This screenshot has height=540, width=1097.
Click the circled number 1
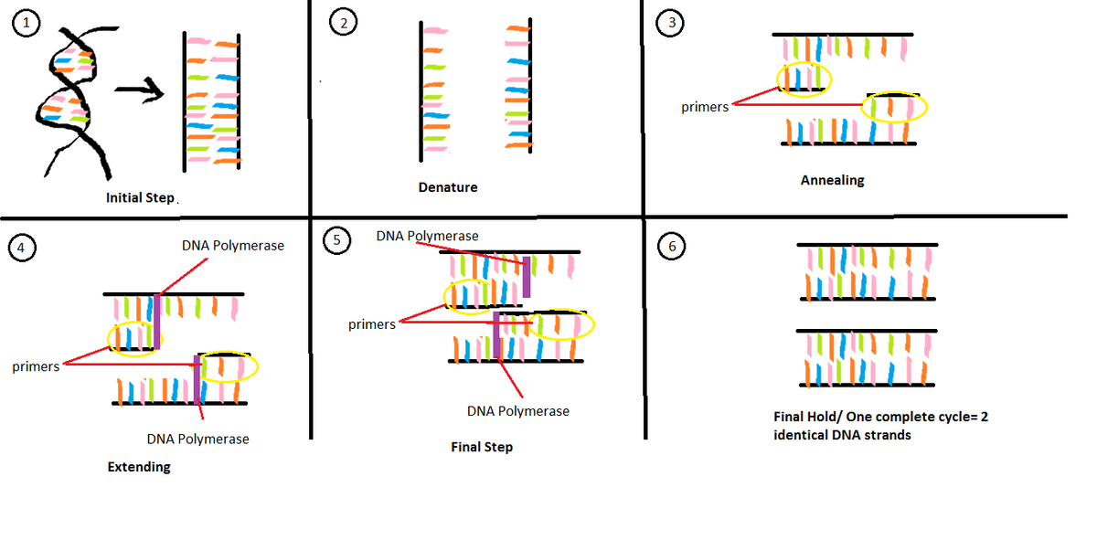coord(27,26)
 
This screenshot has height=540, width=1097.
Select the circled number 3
coord(673,25)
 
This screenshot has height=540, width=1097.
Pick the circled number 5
coord(337,240)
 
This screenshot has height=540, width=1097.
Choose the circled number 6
coord(673,247)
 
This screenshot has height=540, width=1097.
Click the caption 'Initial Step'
coord(140,197)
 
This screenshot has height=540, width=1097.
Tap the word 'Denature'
coord(448,187)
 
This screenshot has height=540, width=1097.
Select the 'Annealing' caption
coord(832,180)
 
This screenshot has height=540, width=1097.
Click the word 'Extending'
coord(139,467)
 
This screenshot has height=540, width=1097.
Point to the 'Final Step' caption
coord(482,447)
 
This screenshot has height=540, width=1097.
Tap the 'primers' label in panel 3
coord(705,107)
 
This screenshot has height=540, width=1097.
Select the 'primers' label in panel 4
coord(36,367)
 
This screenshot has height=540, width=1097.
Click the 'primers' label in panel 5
coord(372,324)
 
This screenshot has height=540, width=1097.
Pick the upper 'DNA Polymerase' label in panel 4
coord(233,245)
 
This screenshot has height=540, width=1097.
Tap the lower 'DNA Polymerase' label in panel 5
coord(517,411)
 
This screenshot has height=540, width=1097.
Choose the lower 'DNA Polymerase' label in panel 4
coord(197,439)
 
